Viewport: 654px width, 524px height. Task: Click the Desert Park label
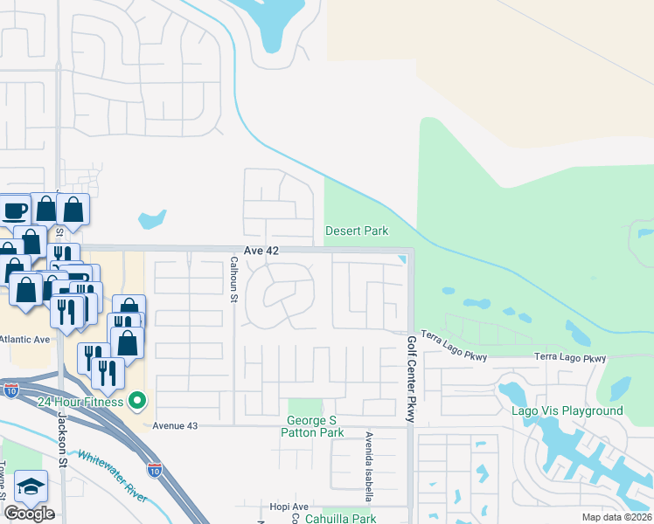click(357, 231)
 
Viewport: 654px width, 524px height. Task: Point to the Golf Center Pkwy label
click(410, 379)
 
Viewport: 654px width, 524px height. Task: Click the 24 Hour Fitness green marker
click(136, 402)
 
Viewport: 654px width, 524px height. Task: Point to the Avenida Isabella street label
click(370, 466)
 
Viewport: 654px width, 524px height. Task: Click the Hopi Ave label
click(289, 507)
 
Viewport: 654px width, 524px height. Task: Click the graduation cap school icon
click(31, 486)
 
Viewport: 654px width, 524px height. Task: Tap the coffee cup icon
click(14, 210)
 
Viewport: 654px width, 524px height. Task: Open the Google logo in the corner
click(28, 514)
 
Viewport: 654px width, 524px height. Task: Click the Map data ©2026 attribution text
click(617, 517)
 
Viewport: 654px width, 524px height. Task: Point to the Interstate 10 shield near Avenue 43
click(154, 471)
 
